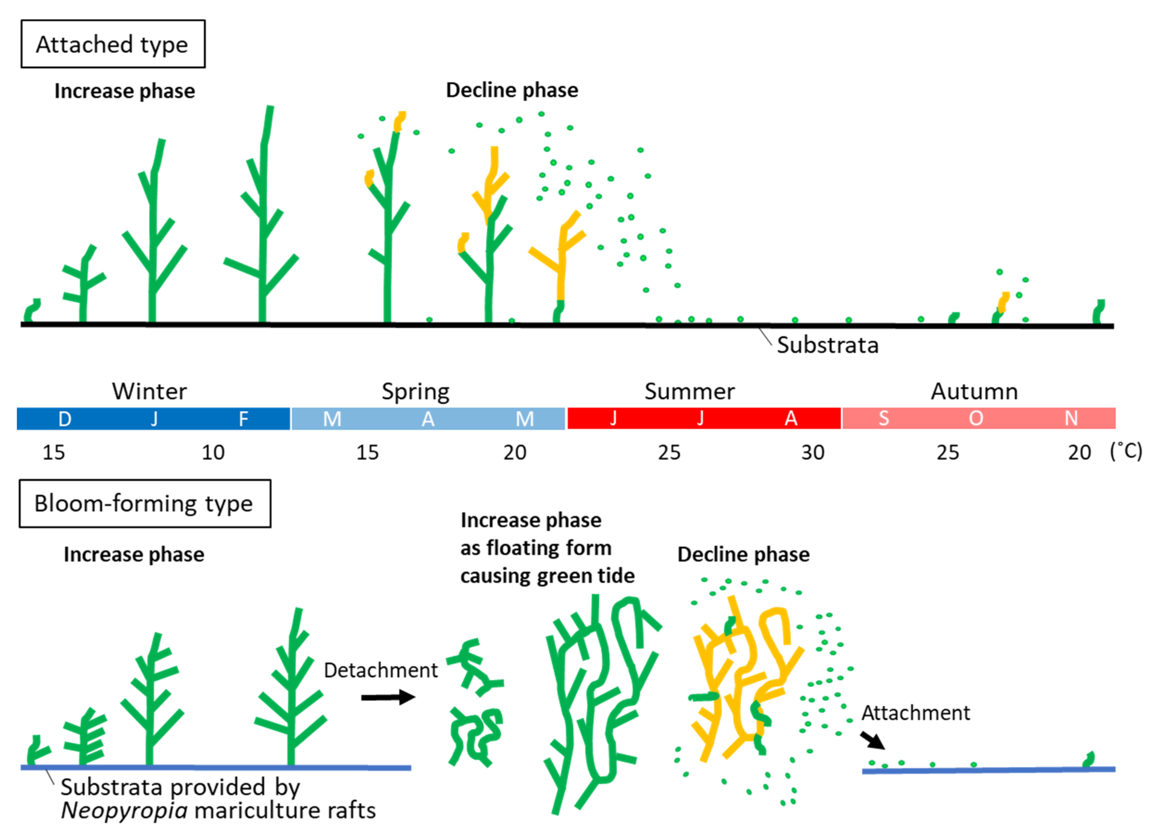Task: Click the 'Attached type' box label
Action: point(112,44)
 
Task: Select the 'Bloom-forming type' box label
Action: point(144,504)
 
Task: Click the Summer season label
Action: point(689,391)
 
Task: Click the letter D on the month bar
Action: point(65,419)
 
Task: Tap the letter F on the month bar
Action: point(244,419)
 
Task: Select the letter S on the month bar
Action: point(884,418)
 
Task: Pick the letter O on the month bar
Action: point(976,418)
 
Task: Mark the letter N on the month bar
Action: point(1071,418)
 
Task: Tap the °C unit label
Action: point(1126,451)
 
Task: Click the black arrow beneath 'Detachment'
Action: point(388,697)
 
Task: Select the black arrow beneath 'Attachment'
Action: point(872,740)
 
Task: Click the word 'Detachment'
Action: point(381,671)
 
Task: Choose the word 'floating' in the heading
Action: point(548,548)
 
